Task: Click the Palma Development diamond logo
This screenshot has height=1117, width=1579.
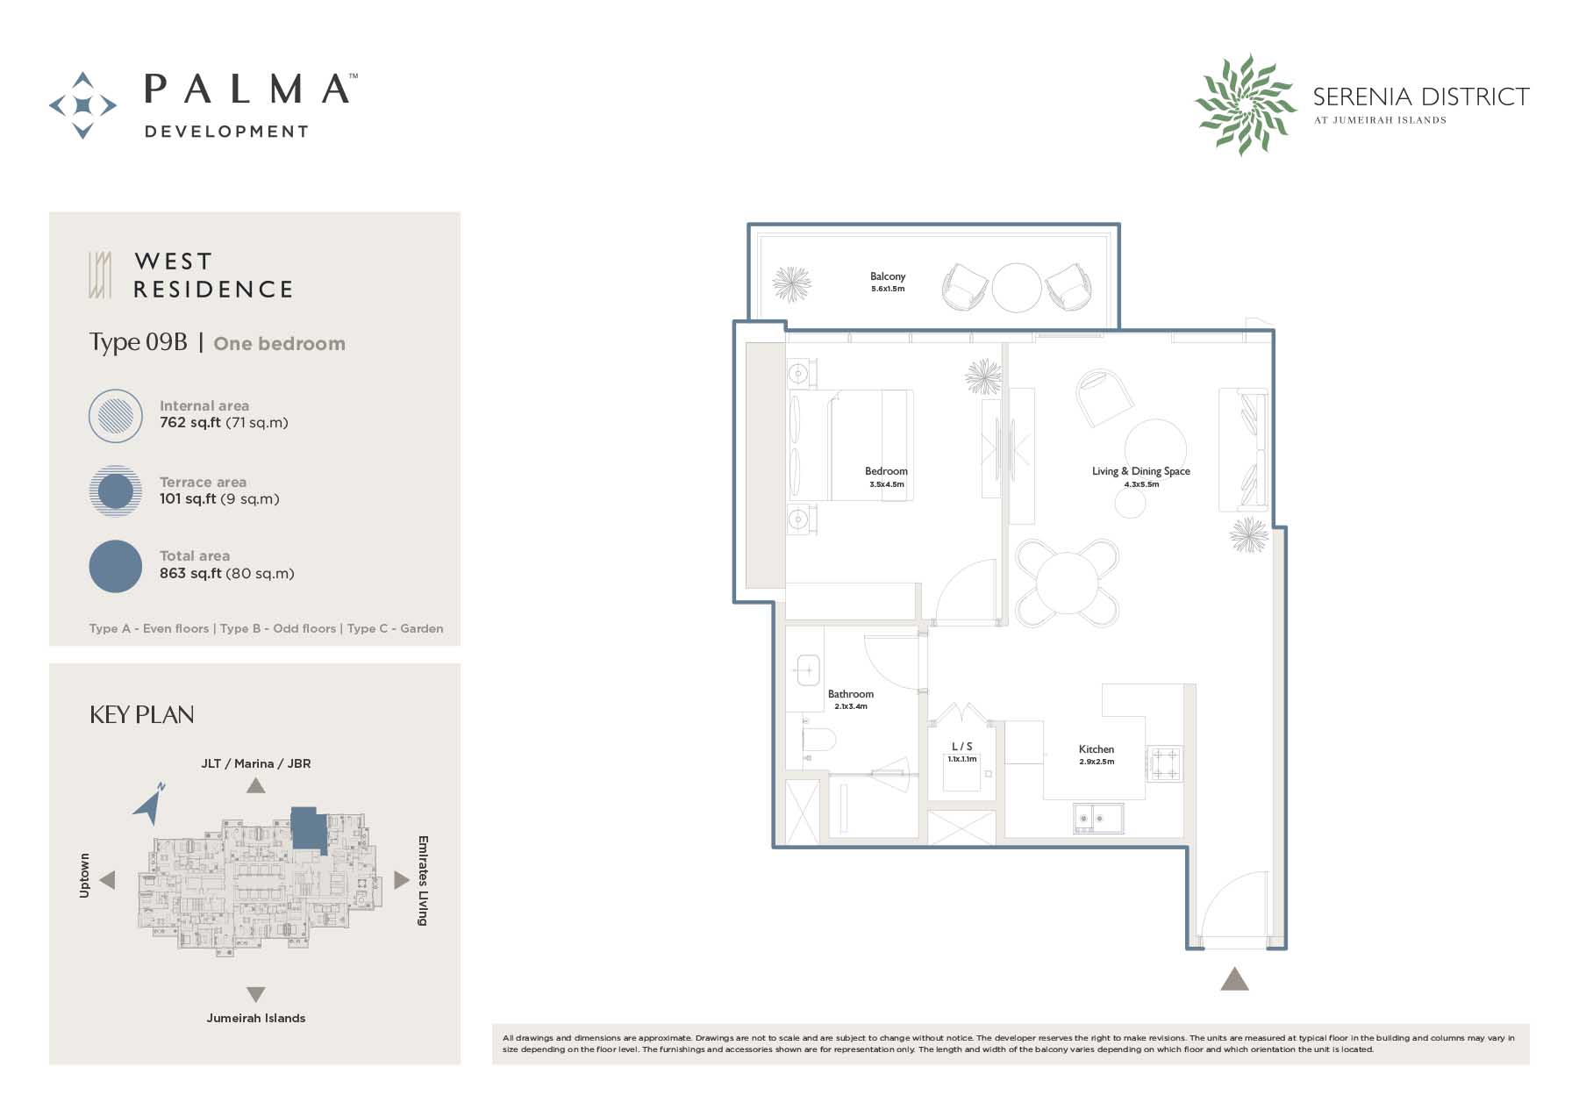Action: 82,105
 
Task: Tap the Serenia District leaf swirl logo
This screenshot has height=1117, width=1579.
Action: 1245,104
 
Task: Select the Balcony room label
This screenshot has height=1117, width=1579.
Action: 888,276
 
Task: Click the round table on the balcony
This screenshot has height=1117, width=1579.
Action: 1017,288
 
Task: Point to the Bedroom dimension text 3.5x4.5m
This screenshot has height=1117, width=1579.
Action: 887,484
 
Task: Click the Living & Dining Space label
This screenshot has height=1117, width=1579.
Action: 1141,471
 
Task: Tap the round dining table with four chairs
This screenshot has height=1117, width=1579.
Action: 1068,583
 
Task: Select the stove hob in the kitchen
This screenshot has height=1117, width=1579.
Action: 1164,763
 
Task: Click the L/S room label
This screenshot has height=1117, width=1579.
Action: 962,747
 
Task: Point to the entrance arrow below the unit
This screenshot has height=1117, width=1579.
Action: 1234,978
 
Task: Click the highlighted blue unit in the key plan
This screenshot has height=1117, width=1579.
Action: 307,828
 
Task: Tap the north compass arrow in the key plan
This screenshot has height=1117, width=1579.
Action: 149,803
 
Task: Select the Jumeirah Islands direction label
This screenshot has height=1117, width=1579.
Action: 256,1018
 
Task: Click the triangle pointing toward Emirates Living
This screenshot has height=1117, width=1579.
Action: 402,879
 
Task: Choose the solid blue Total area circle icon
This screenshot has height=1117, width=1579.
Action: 116,566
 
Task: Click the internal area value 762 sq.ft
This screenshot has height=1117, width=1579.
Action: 189,422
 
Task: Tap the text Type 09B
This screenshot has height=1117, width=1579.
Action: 139,342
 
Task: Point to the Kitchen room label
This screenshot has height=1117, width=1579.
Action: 1097,749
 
